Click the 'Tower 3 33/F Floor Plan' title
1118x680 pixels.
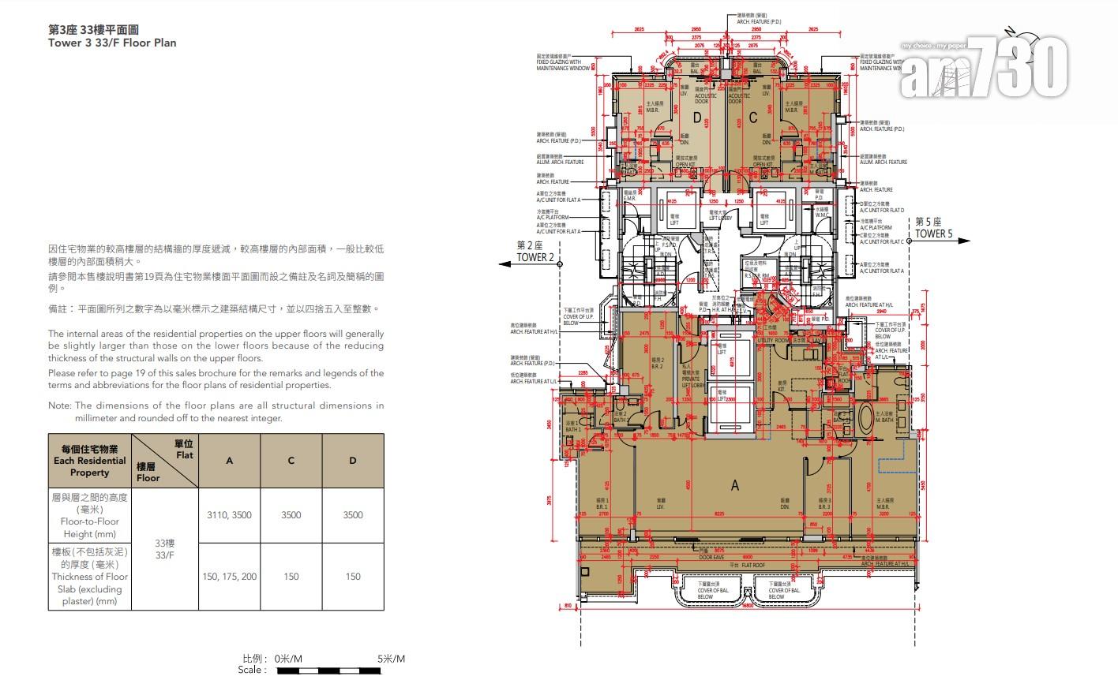click(112, 43)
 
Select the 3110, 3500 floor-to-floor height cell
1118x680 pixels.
click(229, 515)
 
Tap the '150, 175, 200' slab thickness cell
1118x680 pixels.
click(229, 577)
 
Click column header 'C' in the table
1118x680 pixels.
click(291, 461)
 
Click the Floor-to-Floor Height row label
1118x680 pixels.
click(89, 515)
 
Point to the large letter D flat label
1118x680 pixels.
click(697, 118)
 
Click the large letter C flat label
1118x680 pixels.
click(752, 118)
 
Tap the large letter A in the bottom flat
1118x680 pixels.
click(735, 486)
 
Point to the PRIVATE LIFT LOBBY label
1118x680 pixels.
click(691, 379)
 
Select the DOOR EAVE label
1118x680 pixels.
click(711, 558)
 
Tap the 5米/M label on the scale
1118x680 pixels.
click(391, 659)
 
